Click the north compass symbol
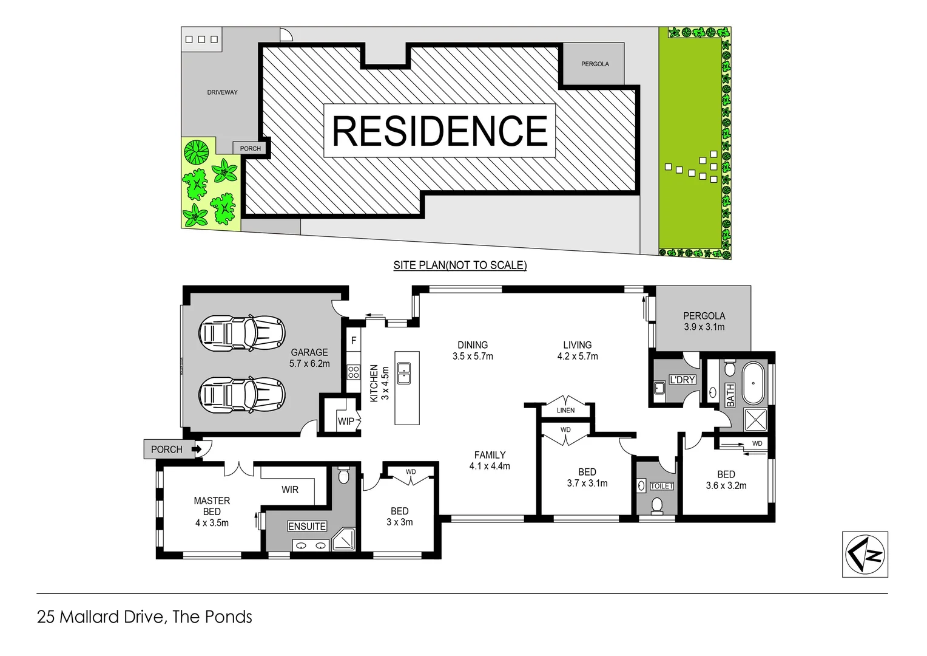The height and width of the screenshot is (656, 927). click(x=865, y=554)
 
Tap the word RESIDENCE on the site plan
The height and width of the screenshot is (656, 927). click(x=440, y=131)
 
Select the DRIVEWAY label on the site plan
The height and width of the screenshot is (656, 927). click(x=222, y=92)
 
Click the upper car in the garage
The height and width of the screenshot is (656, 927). click(x=241, y=332)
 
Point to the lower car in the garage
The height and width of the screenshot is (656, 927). click(x=241, y=395)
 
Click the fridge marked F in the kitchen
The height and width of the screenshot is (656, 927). click(x=354, y=341)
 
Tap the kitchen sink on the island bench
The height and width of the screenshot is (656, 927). click(x=403, y=372)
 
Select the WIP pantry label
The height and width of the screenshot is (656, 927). click(x=346, y=421)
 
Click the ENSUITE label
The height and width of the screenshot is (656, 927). click(x=307, y=526)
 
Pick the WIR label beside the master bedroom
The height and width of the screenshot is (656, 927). click(x=290, y=490)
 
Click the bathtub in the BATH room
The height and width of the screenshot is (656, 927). click(x=753, y=383)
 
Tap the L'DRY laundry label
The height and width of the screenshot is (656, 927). click(x=682, y=380)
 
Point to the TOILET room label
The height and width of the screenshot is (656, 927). click(x=661, y=486)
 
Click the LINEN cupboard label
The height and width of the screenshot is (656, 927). click(x=565, y=411)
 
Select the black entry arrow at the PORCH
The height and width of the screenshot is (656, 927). click(x=197, y=449)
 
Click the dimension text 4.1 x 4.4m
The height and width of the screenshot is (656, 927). click(x=490, y=466)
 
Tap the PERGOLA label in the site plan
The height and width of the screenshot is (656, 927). click(x=595, y=64)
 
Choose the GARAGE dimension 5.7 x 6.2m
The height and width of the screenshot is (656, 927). click(x=309, y=363)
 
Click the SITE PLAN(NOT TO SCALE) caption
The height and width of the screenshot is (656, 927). click(x=460, y=265)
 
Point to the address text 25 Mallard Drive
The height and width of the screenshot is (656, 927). click(x=100, y=617)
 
